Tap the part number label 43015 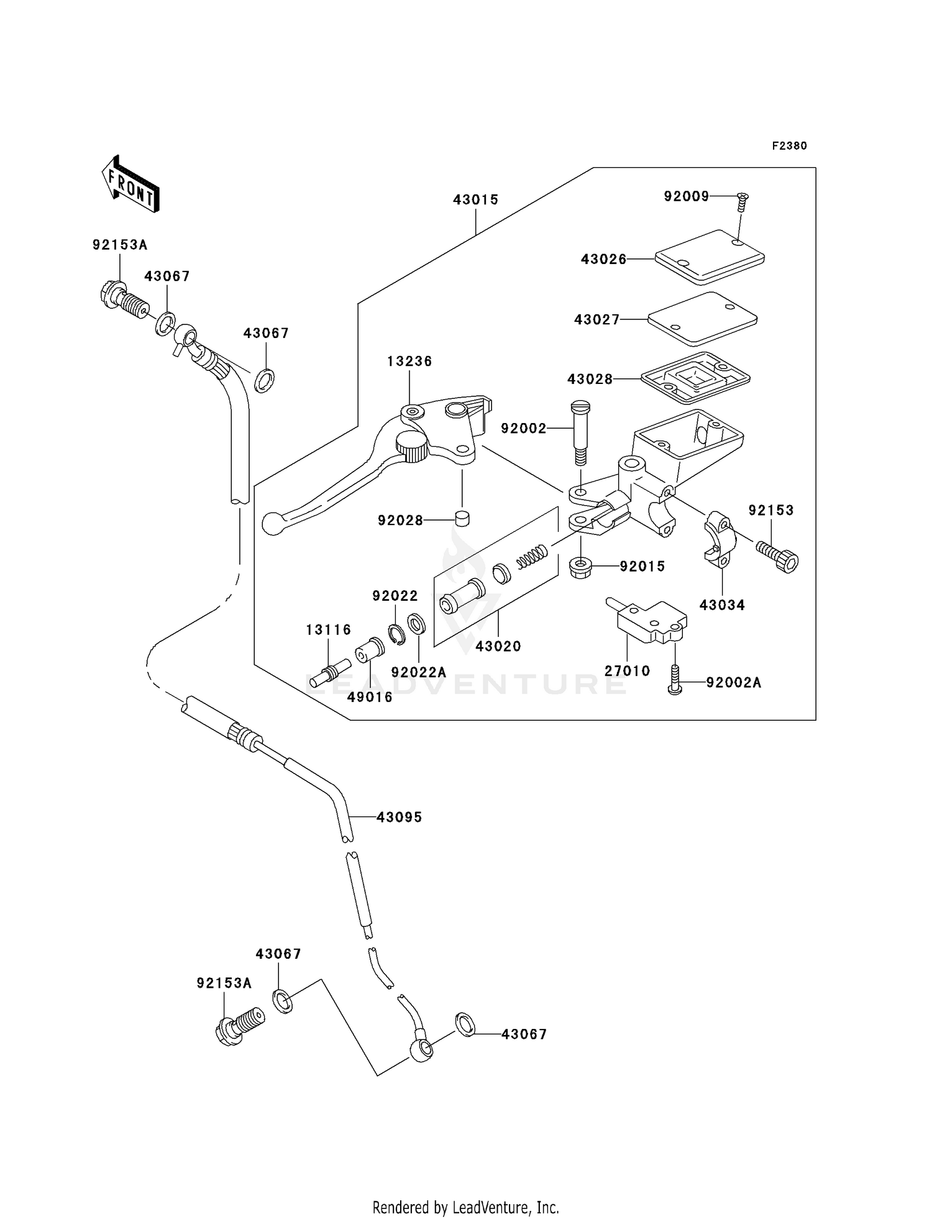(475, 200)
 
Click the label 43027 (596, 320)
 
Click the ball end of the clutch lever (272, 523)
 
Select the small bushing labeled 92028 (462, 518)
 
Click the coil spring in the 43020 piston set (532, 555)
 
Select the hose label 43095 (399, 818)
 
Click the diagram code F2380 (789, 146)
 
